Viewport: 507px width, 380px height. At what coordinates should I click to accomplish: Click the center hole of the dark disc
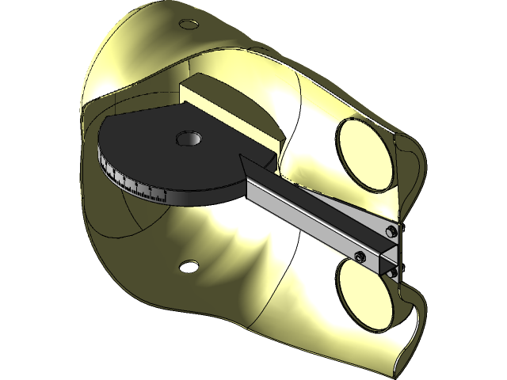click(x=189, y=139)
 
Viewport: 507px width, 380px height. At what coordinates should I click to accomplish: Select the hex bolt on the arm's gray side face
click(x=359, y=256)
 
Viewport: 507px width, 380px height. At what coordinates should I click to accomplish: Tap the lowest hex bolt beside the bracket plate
click(x=394, y=272)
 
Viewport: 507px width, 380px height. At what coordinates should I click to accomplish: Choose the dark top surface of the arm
click(x=317, y=198)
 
